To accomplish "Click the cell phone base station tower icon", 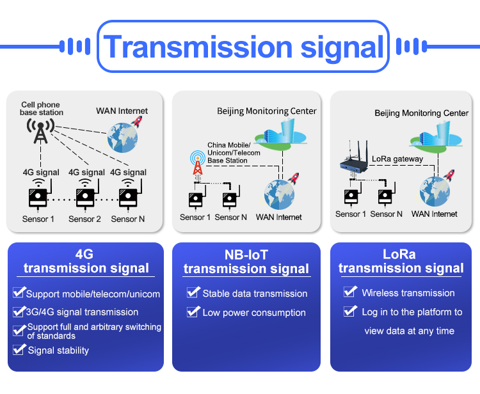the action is pyautogui.click(x=41, y=132).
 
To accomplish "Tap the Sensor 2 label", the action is pyautogui.click(x=84, y=219).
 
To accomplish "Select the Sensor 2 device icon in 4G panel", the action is pyautogui.click(x=86, y=196).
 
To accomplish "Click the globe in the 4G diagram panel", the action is pyautogui.click(x=122, y=138).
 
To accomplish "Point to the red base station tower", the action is pyautogui.click(x=198, y=164).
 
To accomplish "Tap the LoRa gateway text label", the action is pyautogui.click(x=397, y=159).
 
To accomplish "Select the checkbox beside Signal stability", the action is pyautogui.click(x=19, y=349).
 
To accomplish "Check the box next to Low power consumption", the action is pyautogui.click(x=193, y=312).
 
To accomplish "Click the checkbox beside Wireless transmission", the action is pyautogui.click(x=350, y=292).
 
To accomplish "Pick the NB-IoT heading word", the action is pyautogui.click(x=246, y=255).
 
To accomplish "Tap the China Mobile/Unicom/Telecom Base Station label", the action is pyautogui.click(x=234, y=153).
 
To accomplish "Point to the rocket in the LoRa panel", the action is pyautogui.click(x=449, y=175).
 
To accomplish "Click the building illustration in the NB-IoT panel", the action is pyautogui.click(x=281, y=134).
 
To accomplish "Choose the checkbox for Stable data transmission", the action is pyautogui.click(x=193, y=292).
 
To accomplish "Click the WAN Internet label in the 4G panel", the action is pyautogui.click(x=122, y=111).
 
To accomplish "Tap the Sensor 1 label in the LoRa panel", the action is pyautogui.click(x=351, y=214).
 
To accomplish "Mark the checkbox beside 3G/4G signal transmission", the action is pyautogui.click(x=19, y=311).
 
